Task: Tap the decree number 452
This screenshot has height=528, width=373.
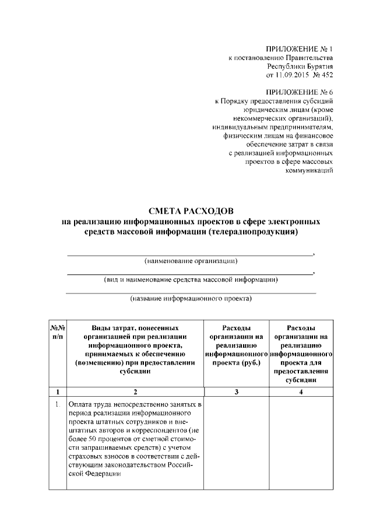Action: click(327, 75)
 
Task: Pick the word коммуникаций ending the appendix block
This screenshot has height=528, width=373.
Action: click(309, 170)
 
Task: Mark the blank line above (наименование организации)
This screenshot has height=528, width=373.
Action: click(190, 254)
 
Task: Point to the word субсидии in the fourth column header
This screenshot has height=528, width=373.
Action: click(301, 379)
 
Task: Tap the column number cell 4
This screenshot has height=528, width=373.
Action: click(301, 392)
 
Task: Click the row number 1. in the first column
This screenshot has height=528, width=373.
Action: click(58, 404)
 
